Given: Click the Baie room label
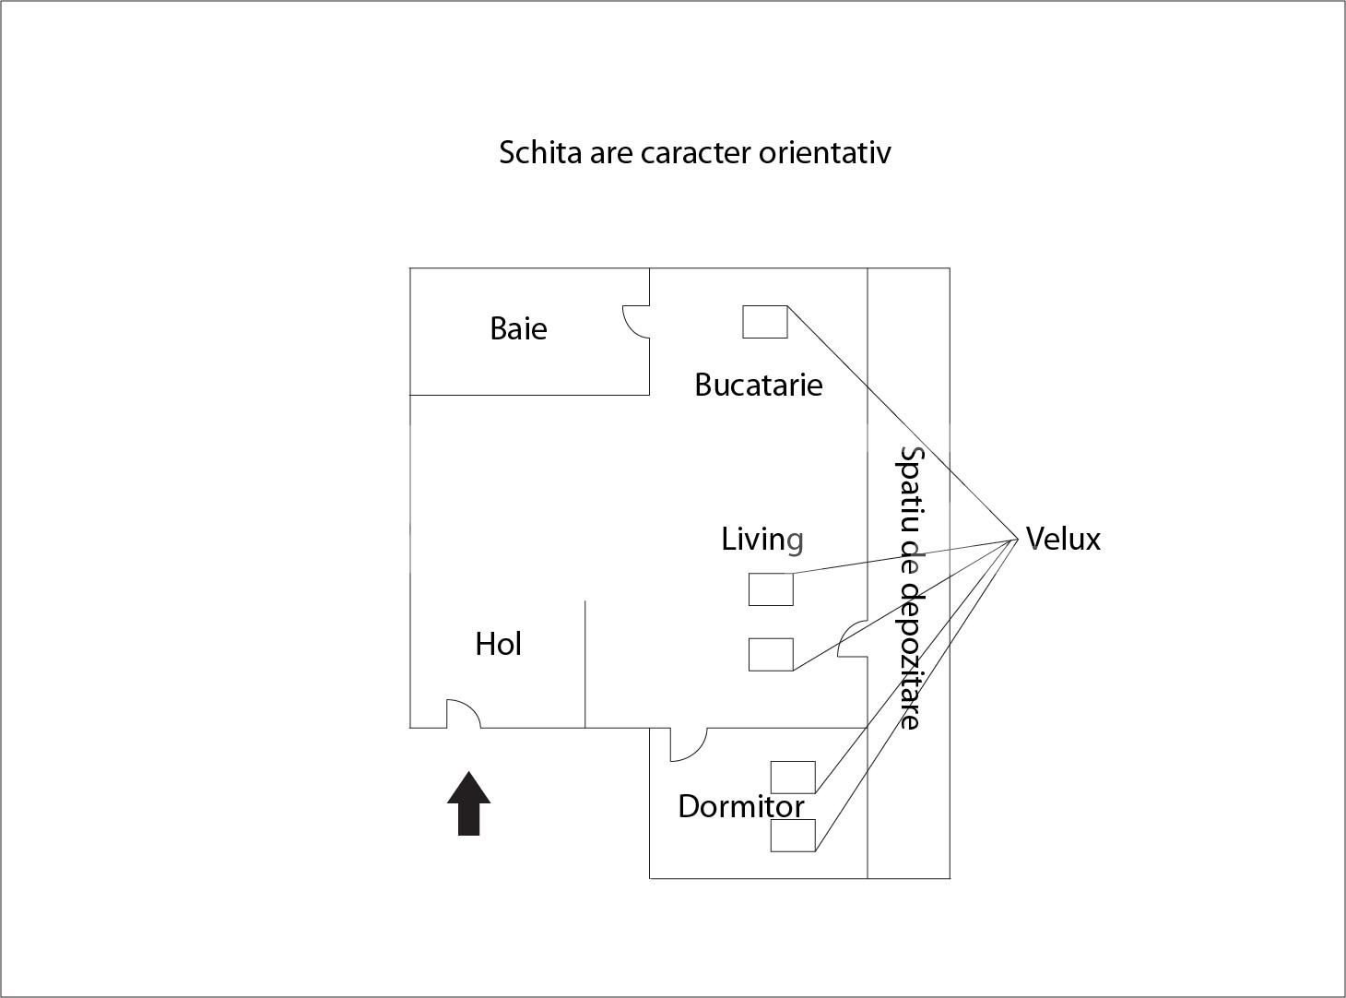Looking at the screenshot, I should coord(518,328).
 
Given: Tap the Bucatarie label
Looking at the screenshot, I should coord(758,385).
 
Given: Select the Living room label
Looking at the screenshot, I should coord(762,539).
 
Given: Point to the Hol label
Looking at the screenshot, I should coord(498,644).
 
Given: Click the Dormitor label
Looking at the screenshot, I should coord(740,807).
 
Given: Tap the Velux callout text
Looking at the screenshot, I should coord(1063,539).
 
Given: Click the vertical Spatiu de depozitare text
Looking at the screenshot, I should coord(910,588).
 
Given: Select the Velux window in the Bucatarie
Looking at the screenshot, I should coord(765,322).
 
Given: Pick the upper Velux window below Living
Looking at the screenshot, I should coord(771,589).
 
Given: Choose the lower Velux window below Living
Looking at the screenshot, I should coord(771,654).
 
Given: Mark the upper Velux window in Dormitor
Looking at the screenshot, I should coord(793,777).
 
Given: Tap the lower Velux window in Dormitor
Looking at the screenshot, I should coord(793,836).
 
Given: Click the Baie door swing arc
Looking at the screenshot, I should coord(635,322).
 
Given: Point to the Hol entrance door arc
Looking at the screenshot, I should coord(464,714).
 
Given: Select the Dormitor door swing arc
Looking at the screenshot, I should coord(687,744).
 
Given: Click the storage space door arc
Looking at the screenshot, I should coord(852,639).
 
